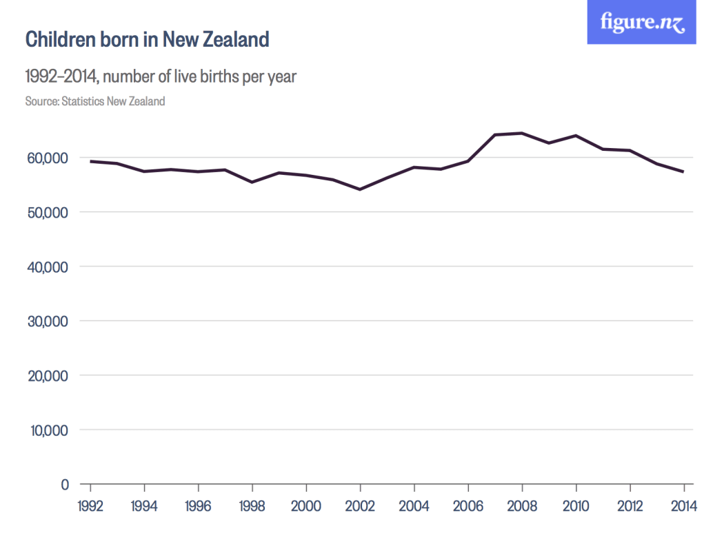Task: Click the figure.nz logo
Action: pyautogui.click(x=641, y=22)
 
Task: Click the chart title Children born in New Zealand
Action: pyautogui.click(x=147, y=39)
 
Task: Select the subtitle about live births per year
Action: pyautogui.click(x=161, y=76)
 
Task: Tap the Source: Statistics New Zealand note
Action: pyautogui.click(x=95, y=101)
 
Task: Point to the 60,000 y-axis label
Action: pyautogui.click(x=48, y=158)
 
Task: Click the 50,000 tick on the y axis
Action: pyautogui.click(x=48, y=212)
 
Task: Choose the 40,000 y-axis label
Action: pyautogui.click(x=48, y=266)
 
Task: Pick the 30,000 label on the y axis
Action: pyautogui.click(x=48, y=321)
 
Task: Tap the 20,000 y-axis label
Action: pyautogui.click(x=48, y=375)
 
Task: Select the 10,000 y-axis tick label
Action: pyautogui.click(x=48, y=430)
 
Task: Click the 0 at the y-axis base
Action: pyautogui.click(x=65, y=484)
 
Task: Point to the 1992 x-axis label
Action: pyautogui.click(x=91, y=506)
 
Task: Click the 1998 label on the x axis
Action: pyautogui.click(x=252, y=506)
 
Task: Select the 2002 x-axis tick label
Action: pyautogui.click(x=360, y=506)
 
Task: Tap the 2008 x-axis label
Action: pyautogui.click(x=522, y=506)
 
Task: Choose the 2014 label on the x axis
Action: pyautogui.click(x=683, y=506)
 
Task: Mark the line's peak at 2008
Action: pyautogui.click(x=522, y=133)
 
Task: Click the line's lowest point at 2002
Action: pyautogui.click(x=360, y=189)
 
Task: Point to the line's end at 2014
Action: pyautogui.click(x=683, y=171)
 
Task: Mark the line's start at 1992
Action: pyautogui.click(x=91, y=161)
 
